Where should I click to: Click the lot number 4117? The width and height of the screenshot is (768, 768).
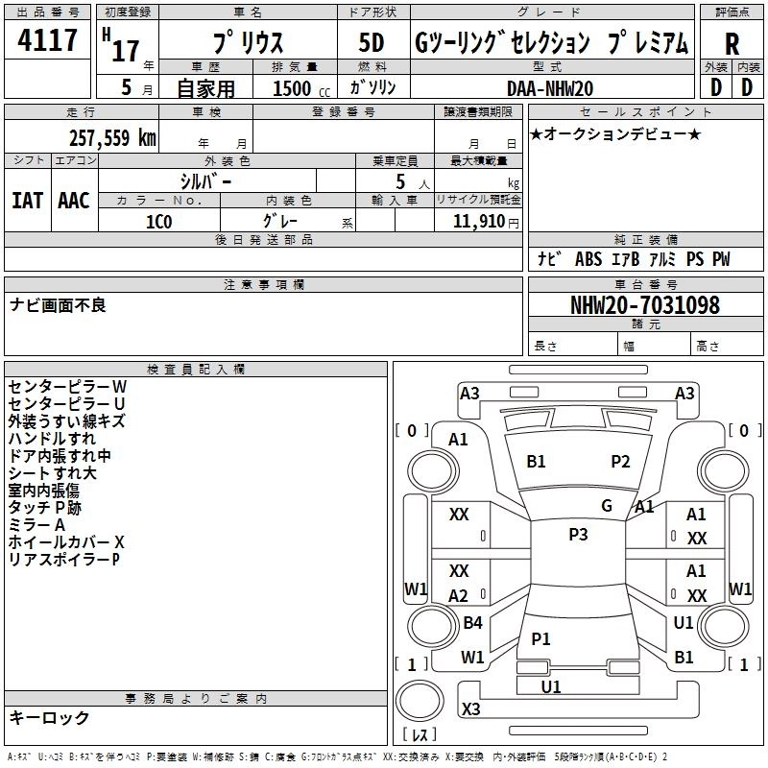tap(48, 41)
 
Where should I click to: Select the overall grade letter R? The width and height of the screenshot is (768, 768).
tap(732, 44)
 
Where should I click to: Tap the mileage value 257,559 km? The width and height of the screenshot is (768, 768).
tap(112, 137)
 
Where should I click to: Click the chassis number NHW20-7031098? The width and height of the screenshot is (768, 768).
tap(644, 305)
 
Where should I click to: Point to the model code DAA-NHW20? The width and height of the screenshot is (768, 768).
tap(549, 88)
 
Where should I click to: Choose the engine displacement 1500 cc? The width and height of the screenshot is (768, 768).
tap(300, 88)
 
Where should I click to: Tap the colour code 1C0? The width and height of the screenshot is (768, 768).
tap(158, 221)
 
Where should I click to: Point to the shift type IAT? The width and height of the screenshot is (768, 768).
tap(27, 200)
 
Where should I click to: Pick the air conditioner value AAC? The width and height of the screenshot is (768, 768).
tap(74, 200)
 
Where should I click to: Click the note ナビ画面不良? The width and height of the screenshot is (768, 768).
tap(58, 305)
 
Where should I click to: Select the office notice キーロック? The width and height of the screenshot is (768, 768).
tap(50, 717)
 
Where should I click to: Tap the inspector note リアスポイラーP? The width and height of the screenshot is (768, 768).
tap(63, 559)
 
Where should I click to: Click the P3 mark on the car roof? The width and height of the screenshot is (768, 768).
tap(578, 535)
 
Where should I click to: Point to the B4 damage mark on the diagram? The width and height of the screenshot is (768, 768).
tap(472, 623)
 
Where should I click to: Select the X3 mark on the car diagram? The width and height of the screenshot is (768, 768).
tap(470, 708)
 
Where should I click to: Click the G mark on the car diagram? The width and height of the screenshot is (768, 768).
tap(607, 506)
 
